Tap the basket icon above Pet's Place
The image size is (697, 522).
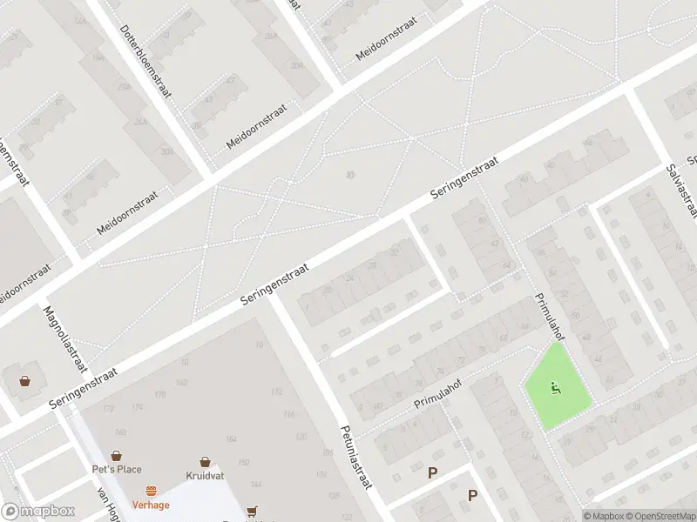(x=116, y=455)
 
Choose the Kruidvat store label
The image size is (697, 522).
(x=206, y=476)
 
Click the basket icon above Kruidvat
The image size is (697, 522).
(x=206, y=462)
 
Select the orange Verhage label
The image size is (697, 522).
(x=151, y=504)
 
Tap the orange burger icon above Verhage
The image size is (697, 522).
(x=151, y=491)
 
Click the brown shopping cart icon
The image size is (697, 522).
(x=253, y=511)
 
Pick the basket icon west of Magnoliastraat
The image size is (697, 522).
(x=24, y=380)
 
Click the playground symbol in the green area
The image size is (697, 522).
(x=556, y=387)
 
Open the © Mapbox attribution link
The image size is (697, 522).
(x=603, y=516)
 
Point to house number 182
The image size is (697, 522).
(x=182, y=383)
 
